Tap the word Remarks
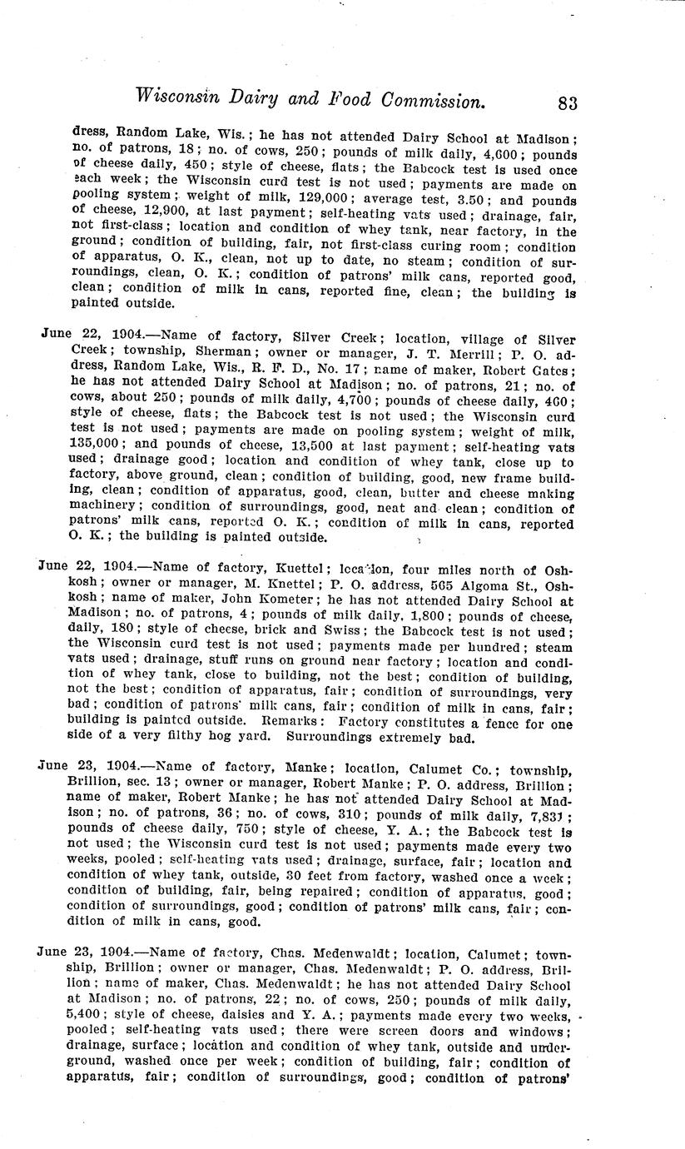289,724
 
